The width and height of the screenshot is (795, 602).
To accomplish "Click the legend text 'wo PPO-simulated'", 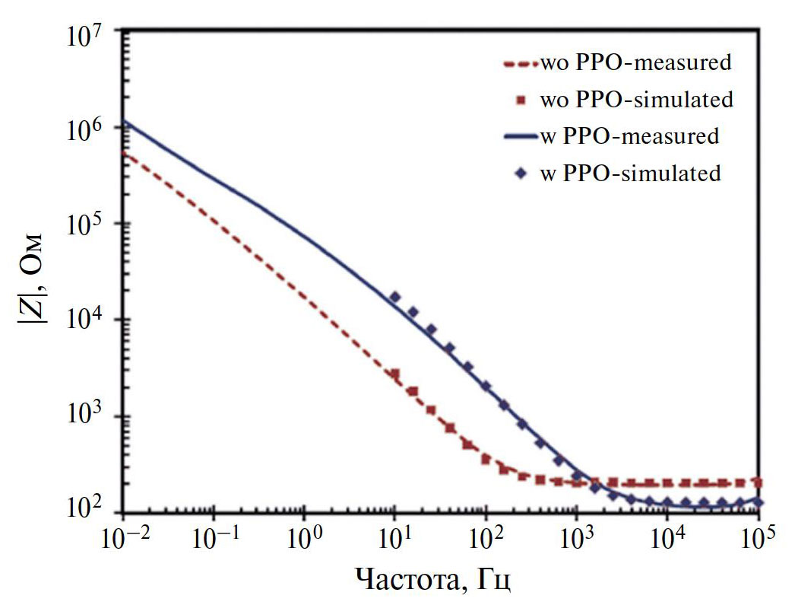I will pyautogui.click(x=636, y=100).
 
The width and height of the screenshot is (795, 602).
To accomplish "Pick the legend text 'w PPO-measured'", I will pyautogui.click(x=629, y=136).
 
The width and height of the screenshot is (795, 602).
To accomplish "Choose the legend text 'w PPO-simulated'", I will pyautogui.click(x=630, y=174).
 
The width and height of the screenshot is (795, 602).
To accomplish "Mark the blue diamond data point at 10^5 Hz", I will pyautogui.click(x=758, y=502).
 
